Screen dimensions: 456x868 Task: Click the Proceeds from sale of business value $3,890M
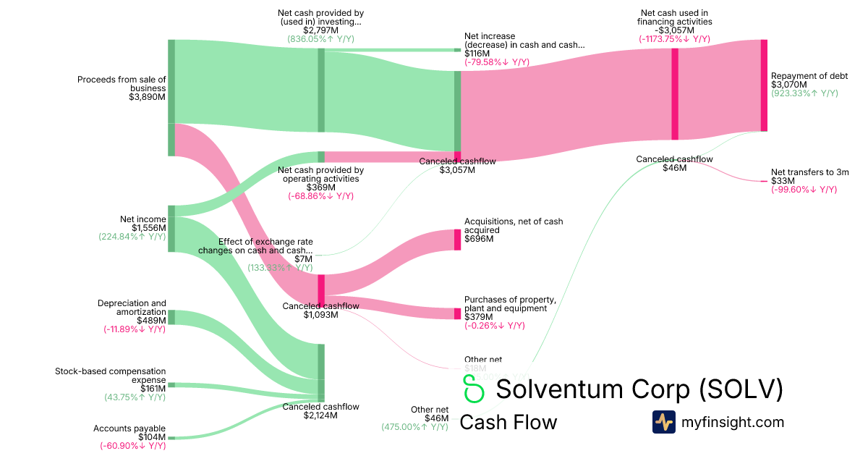point(147,97)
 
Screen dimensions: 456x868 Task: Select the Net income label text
point(143,219)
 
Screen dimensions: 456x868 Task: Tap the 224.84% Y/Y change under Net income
point(132,236)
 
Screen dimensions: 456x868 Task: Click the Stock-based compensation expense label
point(110,376)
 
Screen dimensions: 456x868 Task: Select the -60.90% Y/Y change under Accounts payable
point(132,446)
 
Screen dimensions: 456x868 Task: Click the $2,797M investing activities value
point(320,30)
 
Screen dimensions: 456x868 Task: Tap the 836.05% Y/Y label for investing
point(320,39)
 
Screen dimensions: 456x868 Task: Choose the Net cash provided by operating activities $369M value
point(320,187)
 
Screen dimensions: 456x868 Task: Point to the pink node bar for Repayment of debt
point(763,85)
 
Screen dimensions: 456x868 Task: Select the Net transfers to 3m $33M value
point(783,181)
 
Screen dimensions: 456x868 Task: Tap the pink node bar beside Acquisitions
point(457,240)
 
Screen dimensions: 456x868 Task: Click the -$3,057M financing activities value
point(675,30)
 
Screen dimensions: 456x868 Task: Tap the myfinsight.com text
point(732,422)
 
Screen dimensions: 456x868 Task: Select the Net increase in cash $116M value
point(477,54)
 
